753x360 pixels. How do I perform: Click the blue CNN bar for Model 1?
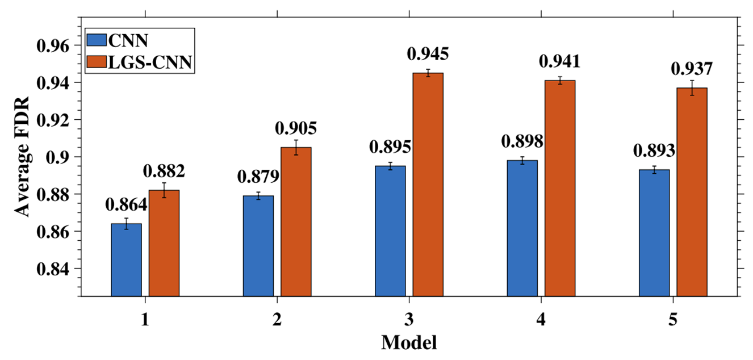pyautogui.click(x=126, y=259)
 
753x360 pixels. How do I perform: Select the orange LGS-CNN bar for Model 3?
pyautogui.click(x=428, y=185)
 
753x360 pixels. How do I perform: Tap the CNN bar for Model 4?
pyautogui.click(x=522, y=228)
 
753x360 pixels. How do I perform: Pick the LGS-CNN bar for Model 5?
pyautogui.click(x=692, y=192)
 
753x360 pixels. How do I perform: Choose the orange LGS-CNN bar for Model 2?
pyautogui.click(x=296, y=221)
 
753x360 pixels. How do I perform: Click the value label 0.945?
pyautogui.click(x=428, y=55)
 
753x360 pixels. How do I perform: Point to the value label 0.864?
pyautogui.click(x=126, y=205)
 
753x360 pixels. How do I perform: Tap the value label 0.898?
pyautogui.click(x=522, y=141)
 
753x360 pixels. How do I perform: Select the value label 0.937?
pyautogui.click(x=692, y=68)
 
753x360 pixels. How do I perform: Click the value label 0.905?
pyautogui.click(x=296, y=128)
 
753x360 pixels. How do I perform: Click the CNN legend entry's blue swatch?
pyautogui.click(x=95, y=40)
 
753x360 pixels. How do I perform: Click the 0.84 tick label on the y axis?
pyautogui.click(x=52, y=269)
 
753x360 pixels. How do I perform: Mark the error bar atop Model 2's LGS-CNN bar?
pyautogui.click(x=296, y=147)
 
